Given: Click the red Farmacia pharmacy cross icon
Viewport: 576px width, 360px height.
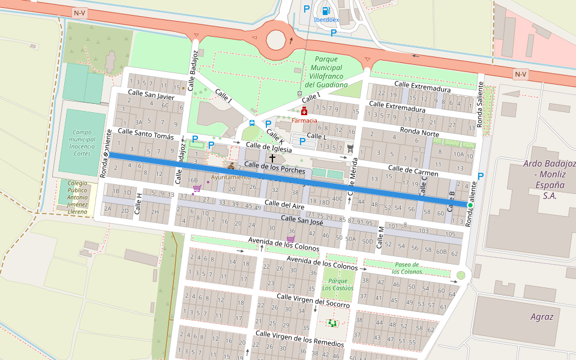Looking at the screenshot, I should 304,111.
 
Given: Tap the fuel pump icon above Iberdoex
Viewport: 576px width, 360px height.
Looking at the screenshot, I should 326,10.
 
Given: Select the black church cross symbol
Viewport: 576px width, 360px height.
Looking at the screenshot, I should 272,158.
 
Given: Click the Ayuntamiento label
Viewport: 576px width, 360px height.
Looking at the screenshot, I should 231,177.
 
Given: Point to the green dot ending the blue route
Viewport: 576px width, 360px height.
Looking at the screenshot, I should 470,205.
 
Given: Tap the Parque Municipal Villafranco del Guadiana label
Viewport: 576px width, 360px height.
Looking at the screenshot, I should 326,72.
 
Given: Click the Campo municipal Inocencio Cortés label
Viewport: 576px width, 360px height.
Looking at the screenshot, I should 83,143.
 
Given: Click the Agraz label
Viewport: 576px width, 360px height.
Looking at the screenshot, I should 542,316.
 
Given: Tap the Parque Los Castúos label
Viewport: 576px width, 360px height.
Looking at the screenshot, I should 338,284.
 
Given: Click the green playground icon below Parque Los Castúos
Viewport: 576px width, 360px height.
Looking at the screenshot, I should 332,323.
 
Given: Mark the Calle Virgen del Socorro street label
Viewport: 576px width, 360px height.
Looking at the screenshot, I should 313,301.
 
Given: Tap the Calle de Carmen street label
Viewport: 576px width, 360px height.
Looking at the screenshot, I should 413,172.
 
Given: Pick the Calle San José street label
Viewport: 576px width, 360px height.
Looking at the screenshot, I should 302,221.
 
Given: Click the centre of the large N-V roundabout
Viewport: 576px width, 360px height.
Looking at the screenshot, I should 276,39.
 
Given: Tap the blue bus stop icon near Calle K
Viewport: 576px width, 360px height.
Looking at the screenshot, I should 251,123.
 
